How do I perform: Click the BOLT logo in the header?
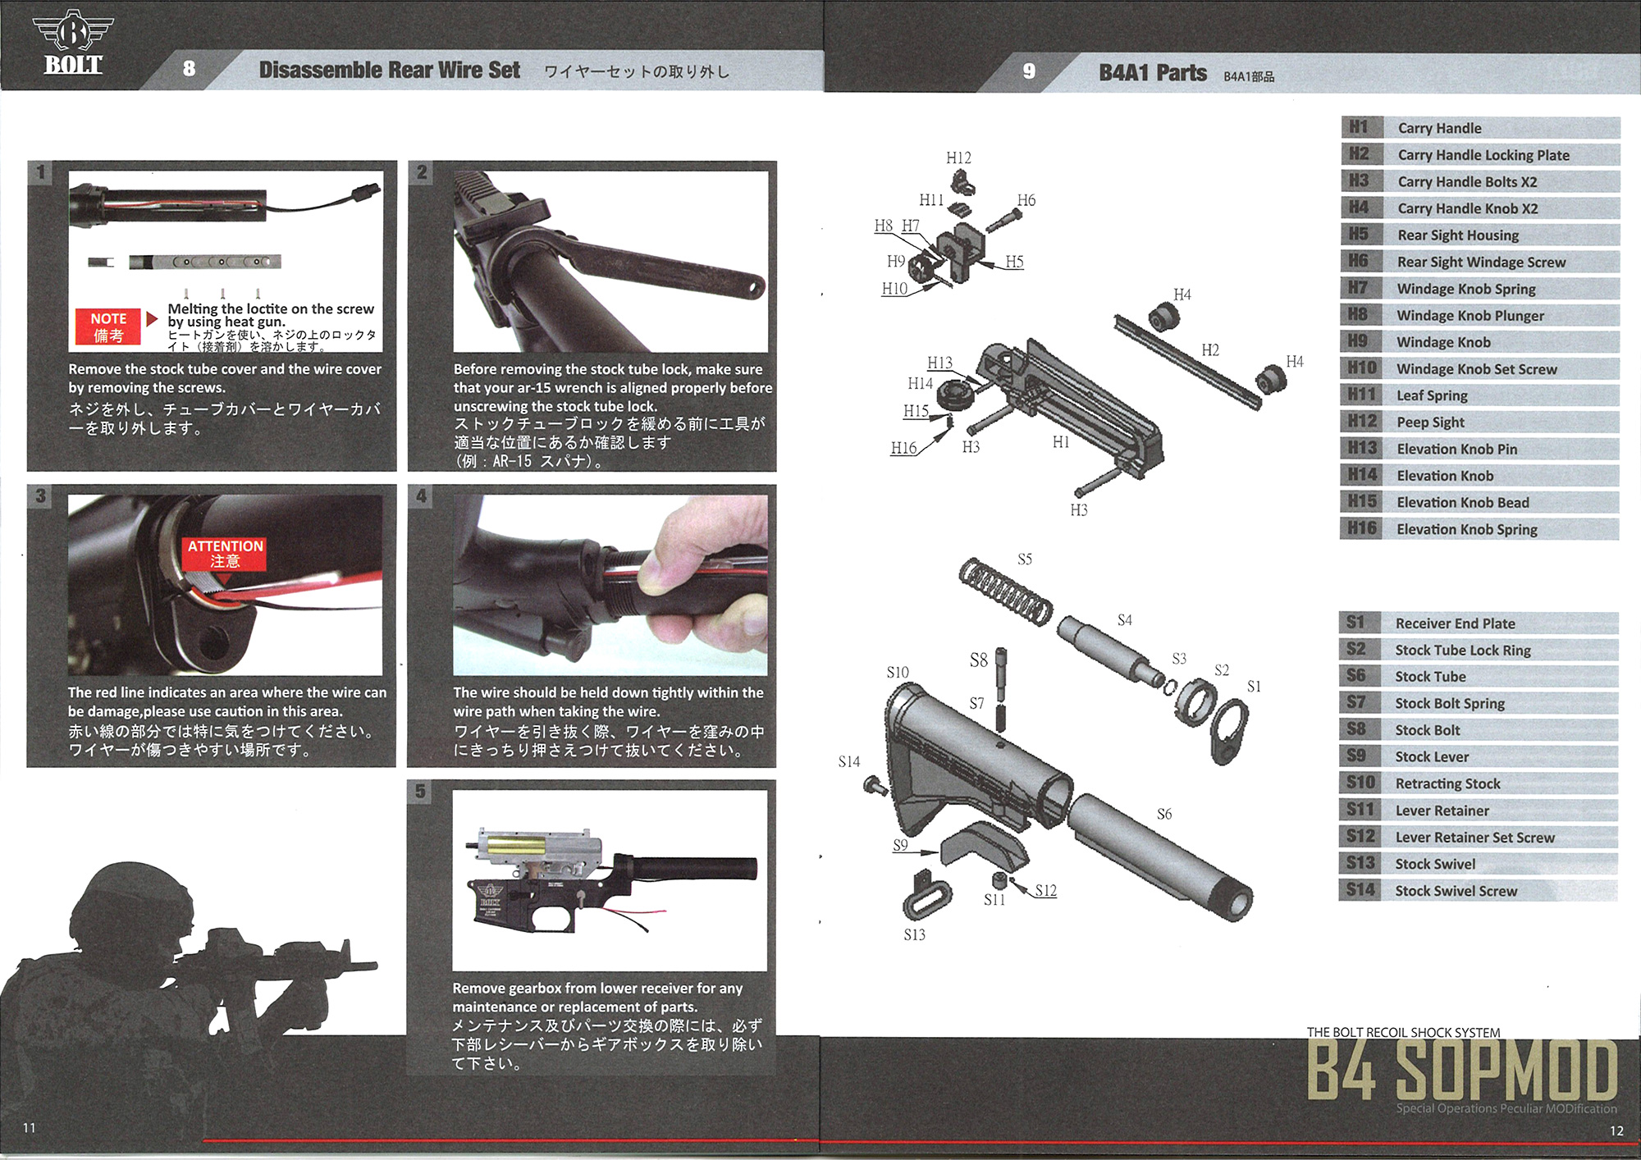(73, 43)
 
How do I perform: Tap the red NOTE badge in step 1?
(108, 327)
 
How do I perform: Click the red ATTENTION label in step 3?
(225, 554)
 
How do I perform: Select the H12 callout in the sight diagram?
(958, 158)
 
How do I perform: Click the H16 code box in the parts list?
(1361, 528)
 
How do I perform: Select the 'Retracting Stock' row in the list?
(1478, 783)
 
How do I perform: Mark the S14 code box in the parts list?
(1360, 890)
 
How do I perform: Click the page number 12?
(1616, 1130)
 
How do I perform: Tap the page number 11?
(29, 1128)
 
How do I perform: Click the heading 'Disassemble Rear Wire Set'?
(390, 71)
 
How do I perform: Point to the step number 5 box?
(420, 792)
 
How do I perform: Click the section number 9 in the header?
(1028, 72)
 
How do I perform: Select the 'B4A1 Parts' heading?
(1153, 73)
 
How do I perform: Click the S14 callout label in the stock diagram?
(849, 761)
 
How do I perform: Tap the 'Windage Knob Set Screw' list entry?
(1477, 369)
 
